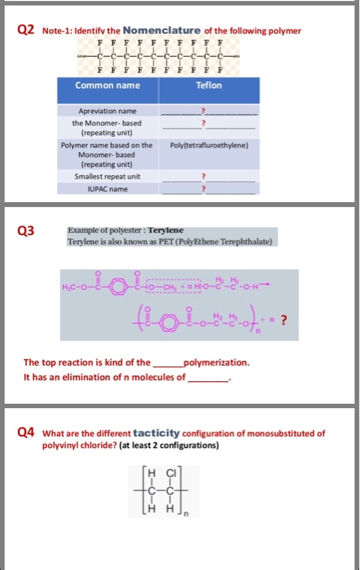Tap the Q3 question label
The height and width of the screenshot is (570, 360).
26,231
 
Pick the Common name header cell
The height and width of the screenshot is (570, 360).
103,85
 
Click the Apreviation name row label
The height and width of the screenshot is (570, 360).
107,110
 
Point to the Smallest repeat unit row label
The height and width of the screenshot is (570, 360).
107,175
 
